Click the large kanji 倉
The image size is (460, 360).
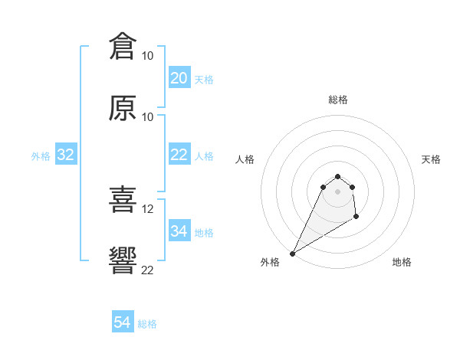(123, 46)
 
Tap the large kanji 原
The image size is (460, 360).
(123, 108)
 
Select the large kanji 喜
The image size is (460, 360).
(123, 201)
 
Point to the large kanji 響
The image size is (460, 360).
(123, 261)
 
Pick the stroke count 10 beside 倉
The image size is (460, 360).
(148, 55)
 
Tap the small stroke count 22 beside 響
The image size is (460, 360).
(148, 270)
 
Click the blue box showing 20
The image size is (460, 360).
(179, 78)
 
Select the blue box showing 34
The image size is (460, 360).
(179, 231)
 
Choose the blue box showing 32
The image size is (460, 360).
(66, 155)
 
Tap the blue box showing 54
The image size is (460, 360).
(123, 322)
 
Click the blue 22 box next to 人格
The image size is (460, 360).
(179, 155)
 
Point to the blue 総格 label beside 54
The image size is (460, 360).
(147, 324)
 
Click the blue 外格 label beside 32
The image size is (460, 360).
(41, 156)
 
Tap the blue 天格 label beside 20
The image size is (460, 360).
(204, 79)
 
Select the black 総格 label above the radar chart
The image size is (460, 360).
(337, 100)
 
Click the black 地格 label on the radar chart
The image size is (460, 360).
(402, 262)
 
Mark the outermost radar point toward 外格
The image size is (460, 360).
(292, 254)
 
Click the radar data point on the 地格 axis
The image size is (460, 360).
(356, 218)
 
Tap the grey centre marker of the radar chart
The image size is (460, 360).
(337, 191)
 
